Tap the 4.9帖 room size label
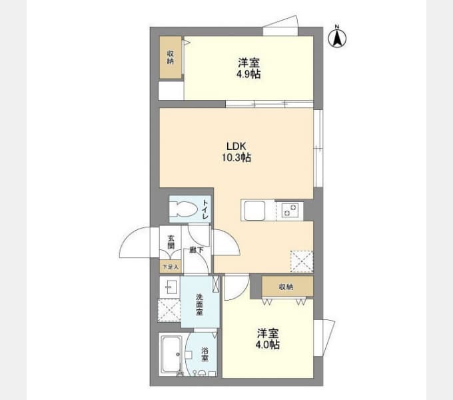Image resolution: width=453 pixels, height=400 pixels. tap(248, 74)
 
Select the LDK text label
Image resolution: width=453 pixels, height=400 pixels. tap(236, 146)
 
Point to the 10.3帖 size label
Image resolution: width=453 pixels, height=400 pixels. tap(236, 158)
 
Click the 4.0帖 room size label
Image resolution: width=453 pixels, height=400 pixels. tap(268, 345)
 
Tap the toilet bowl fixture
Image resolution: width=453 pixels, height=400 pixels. tap(183, 209)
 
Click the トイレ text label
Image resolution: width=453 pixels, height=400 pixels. tap(205, 209)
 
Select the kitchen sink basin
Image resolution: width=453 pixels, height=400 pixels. tap(254, 211)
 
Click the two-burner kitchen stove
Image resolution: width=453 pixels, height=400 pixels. tap(290, 211)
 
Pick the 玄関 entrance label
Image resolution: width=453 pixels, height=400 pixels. tap(171, 242)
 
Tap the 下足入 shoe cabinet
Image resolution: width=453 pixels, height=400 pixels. tap(171, 267)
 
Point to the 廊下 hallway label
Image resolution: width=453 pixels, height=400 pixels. tap(196, 250)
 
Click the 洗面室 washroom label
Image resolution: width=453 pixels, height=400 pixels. tap(199, 305)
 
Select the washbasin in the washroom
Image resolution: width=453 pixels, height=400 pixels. tap(169, 287)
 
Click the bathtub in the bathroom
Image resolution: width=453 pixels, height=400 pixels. tap(171, 355)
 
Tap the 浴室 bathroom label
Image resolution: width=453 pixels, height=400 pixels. tap(205, 355)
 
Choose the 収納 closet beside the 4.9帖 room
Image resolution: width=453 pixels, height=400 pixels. tap(171, 57)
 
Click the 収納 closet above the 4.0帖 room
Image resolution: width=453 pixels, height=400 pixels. tap(286, 287)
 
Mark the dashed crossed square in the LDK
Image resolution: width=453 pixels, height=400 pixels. tap(302, 261)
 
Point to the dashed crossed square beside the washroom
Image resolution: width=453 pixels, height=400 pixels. tap(169, 310)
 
